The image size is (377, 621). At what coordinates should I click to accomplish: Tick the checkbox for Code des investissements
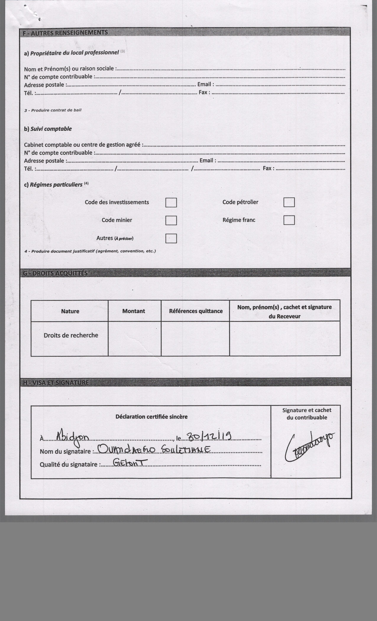(171, 202)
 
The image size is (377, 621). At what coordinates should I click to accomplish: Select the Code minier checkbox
(171, 220)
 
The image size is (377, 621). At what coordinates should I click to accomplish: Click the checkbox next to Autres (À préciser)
(171, 238)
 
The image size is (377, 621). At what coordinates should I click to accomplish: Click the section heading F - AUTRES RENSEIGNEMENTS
(65, 33)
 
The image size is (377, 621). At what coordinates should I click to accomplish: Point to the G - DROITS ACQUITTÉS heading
(55, 273)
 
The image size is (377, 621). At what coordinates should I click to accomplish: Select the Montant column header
(134, 311)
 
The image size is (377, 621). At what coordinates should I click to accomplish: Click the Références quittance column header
(196, 311)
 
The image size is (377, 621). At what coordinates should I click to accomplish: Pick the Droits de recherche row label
(71, 335)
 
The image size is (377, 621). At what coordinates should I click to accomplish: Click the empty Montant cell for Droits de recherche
(134, 338)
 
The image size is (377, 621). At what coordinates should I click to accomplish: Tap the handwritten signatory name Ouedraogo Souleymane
(154, 449)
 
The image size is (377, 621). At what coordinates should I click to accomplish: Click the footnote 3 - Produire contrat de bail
(53, 110)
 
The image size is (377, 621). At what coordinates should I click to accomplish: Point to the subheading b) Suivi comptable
(48, 129)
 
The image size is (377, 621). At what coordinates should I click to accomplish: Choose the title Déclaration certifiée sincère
(151, 417)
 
